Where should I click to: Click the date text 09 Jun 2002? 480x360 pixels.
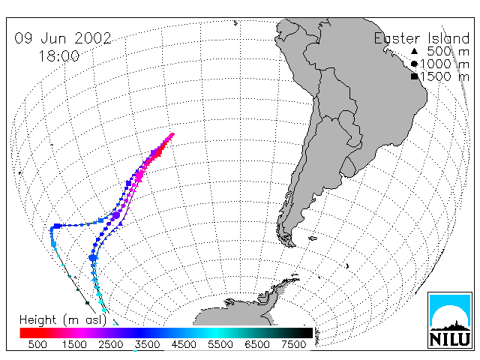[63, 38]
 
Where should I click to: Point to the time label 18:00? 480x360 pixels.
[58, 56]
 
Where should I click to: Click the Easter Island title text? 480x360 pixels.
[421, 38]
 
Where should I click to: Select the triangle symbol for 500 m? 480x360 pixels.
[414, 51]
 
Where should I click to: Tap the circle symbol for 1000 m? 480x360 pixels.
[414, 64]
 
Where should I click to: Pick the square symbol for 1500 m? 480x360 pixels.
[414, 76]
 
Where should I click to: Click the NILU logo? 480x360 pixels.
[450, 320]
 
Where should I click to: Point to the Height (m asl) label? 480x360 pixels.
[63, 320]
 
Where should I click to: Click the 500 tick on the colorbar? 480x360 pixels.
[37, 344]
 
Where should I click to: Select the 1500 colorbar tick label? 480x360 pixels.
[74, 344]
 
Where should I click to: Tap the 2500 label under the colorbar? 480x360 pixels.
[111, 344]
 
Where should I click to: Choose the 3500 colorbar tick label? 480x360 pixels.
[147, 344]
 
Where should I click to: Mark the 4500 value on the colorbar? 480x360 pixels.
[184, 344]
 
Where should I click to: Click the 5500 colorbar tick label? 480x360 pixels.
[220, 344]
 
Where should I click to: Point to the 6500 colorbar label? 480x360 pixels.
[256, 344]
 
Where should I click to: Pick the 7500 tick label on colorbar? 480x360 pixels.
[293, 344]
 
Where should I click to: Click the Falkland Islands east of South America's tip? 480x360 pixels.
[313, 238]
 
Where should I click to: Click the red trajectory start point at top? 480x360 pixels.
[172, 135]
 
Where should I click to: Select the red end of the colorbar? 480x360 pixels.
[25, 333]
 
